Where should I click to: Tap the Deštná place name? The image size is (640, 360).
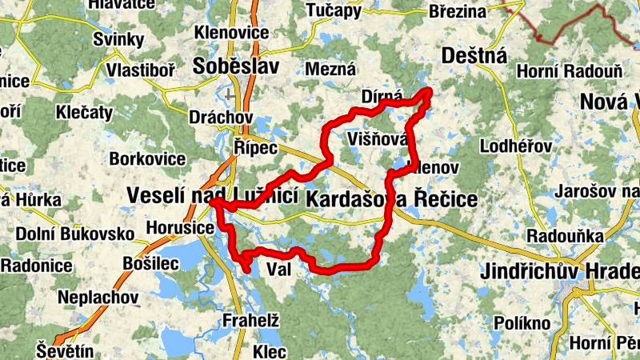pos(475,56)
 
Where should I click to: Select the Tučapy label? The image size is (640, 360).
pos(334,10)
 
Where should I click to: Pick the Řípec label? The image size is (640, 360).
pos(256,148)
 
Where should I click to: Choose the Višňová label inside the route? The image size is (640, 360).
pos(378,140)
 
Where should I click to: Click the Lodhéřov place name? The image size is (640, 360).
pos(516,147)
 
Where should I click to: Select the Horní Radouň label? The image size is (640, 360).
pos(570,72)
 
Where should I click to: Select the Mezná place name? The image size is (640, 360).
pos(330,70)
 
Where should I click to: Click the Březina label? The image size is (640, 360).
pos(458,11)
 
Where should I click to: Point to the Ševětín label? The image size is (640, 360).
pos(65,350)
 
